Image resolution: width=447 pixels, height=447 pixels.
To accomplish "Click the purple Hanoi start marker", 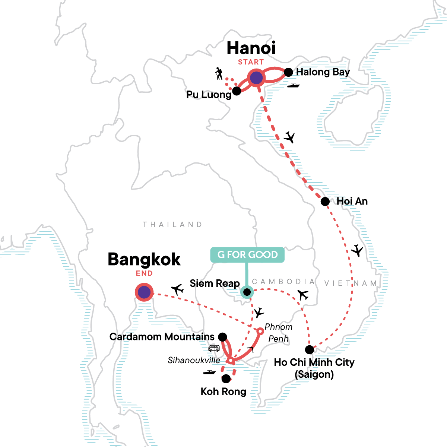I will pyautogui.click(x=256, y=78).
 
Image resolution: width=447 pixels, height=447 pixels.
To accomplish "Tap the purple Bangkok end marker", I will pyautogui.click(x=144, y=292).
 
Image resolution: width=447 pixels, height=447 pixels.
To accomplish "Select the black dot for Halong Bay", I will pyautogui.click(x=288, y=72).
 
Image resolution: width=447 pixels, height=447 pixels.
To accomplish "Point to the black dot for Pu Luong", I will pyautogui.click(x=236, y=91).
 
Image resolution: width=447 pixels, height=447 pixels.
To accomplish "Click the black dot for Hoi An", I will pyautogui.click(x=325, y=202).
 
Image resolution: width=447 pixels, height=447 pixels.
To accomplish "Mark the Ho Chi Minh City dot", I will pyautogui.click(x=309, y=349).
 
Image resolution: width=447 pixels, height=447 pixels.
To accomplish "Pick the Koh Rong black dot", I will pyautogui.click(x=226, y=379).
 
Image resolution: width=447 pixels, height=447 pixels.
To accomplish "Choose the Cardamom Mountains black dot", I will pyautogui.click(x=222, y=337).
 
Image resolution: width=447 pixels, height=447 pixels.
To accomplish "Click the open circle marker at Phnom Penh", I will pyautogui.click(x=260, y=331).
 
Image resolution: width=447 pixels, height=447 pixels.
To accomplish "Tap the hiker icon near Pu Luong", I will pyautogui.click(x=219, y=74).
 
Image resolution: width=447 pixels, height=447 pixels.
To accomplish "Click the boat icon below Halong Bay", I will pyautogui.click(x=293, y=86).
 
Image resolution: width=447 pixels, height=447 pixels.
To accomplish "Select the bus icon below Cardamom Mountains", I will pyautogui.click(x=214, y=348).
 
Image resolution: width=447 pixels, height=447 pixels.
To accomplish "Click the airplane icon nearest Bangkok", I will pyautogui.click(x=178, y=289).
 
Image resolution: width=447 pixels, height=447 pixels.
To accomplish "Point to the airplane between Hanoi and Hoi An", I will pyautogui.click(x=289, y=137).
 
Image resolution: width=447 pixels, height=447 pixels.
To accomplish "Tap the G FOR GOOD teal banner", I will pyautogui.click(x=247, y=255).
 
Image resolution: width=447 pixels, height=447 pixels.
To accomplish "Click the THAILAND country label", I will pyautogui.click(x=172, y=225).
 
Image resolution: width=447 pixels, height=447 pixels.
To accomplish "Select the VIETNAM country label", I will pyautogui.click(x=351, y=283).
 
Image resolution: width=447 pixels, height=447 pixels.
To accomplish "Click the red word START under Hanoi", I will pyautogui.click(x=251, y=62).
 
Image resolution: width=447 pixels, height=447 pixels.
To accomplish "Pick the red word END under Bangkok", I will pyautogui.click(x=144, y=273).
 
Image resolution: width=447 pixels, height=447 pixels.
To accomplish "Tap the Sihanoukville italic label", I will pyautogui.click(x=194, y=360).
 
